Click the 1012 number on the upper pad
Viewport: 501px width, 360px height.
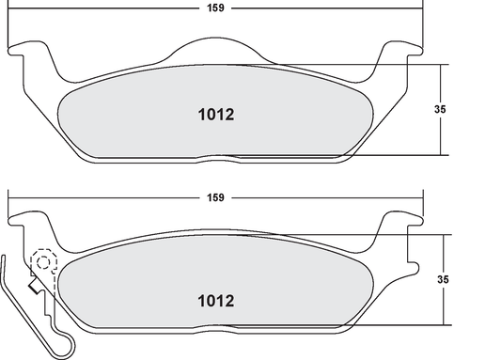pos(215,116)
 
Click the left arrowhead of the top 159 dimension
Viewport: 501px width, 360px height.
pos(12,9)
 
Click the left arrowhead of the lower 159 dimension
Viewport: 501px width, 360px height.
pos(12,197)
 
